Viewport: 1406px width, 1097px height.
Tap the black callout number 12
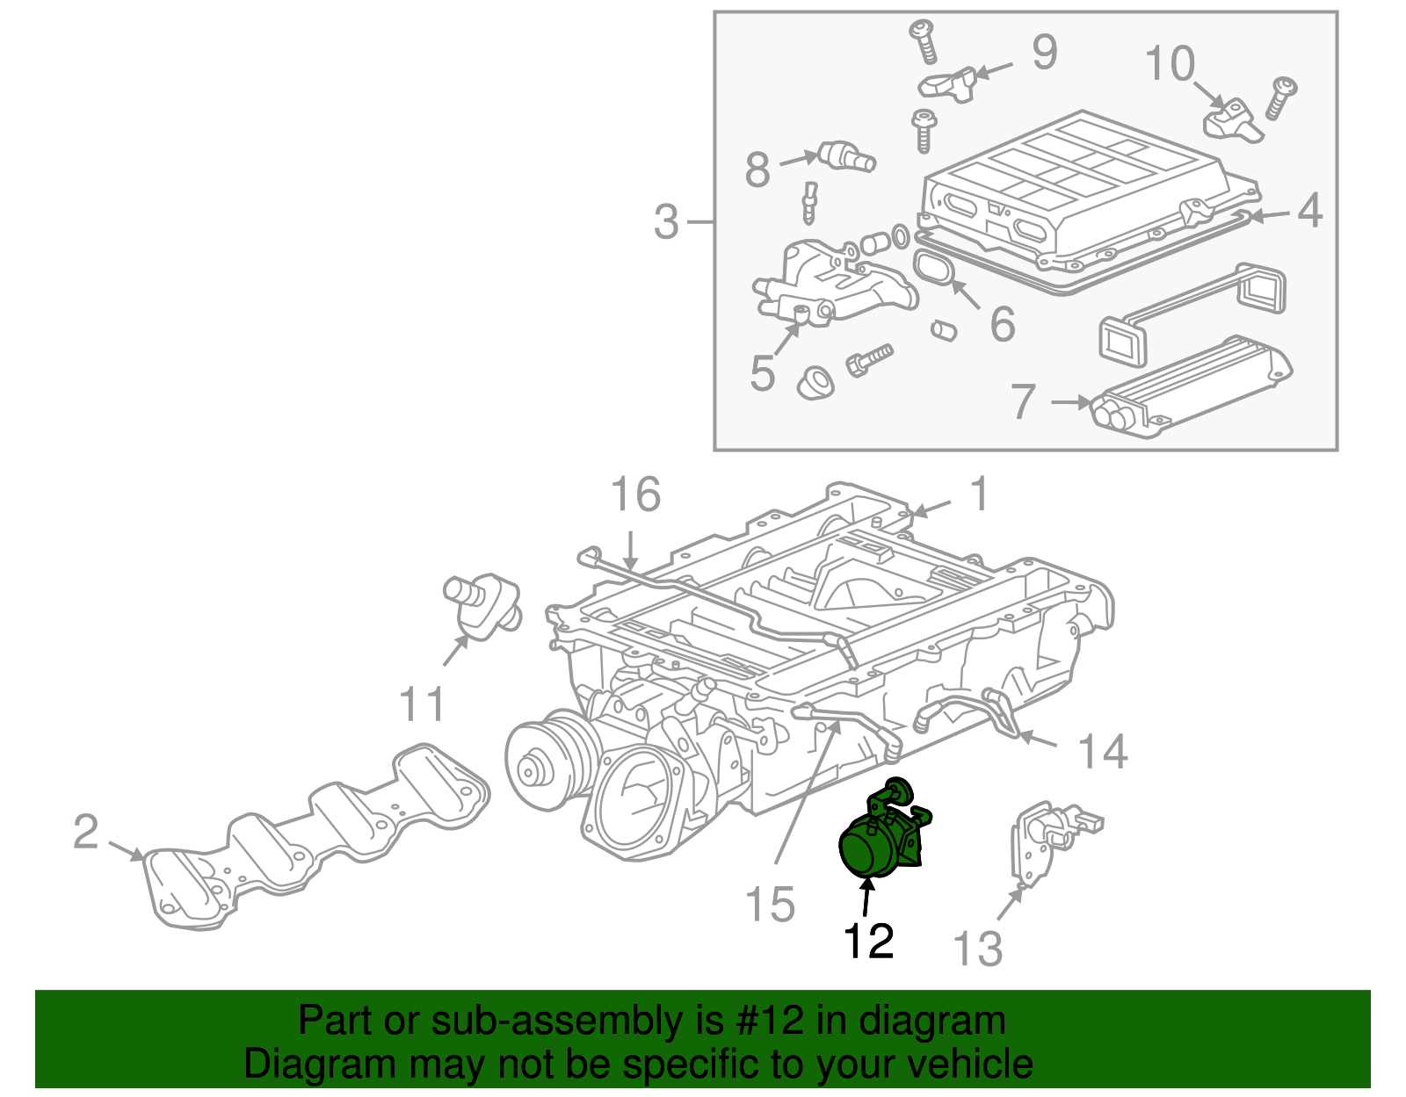(868, 942)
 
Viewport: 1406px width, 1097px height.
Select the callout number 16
(635, 495)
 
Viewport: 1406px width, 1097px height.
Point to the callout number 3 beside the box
(667, 221)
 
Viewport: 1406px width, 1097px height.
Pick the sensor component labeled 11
(482, 604)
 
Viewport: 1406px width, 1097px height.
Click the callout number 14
(1102, 752)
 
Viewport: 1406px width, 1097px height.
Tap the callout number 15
(770, 905)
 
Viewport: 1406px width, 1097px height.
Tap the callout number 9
(1044, 53)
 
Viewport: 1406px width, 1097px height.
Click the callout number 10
(1170, 64)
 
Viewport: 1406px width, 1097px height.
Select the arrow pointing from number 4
(1270, 213)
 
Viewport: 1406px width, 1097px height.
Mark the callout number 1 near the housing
(979, 494)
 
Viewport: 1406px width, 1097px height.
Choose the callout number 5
(762, 373)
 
